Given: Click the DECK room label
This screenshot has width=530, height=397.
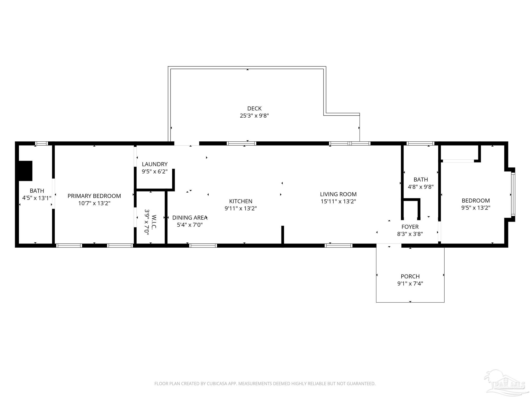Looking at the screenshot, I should coord(254,109).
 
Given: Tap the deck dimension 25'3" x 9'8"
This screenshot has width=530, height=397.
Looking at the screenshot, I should coord(254,116).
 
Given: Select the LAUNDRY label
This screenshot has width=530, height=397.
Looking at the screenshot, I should coord(154,164).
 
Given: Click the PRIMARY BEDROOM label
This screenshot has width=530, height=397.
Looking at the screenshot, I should coord(94,196).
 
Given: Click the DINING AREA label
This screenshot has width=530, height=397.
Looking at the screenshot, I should coord(190,218).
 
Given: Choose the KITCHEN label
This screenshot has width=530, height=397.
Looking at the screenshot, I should coord(241,201).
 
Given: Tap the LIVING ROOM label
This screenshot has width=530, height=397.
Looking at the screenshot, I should coord(338,194).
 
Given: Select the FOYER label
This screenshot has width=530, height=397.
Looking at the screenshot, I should coord(410,227).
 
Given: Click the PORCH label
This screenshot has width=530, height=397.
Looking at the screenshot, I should coord(410,276).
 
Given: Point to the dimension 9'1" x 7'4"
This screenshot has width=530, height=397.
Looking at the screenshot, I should coord(410,284).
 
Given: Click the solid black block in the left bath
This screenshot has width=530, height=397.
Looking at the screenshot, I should coord(25,171).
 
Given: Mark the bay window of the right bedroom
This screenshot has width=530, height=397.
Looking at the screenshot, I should coord(513,194).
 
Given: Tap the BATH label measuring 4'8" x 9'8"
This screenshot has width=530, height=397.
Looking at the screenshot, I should coord(421,179).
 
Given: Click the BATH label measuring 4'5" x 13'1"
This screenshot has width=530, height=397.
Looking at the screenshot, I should coord(37,191).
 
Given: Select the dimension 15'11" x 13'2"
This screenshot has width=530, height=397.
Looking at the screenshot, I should coord(338,201).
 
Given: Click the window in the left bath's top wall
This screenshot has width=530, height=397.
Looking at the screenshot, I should coord(41,143).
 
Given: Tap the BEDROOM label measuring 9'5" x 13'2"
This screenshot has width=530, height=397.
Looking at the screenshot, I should coord(476,201).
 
